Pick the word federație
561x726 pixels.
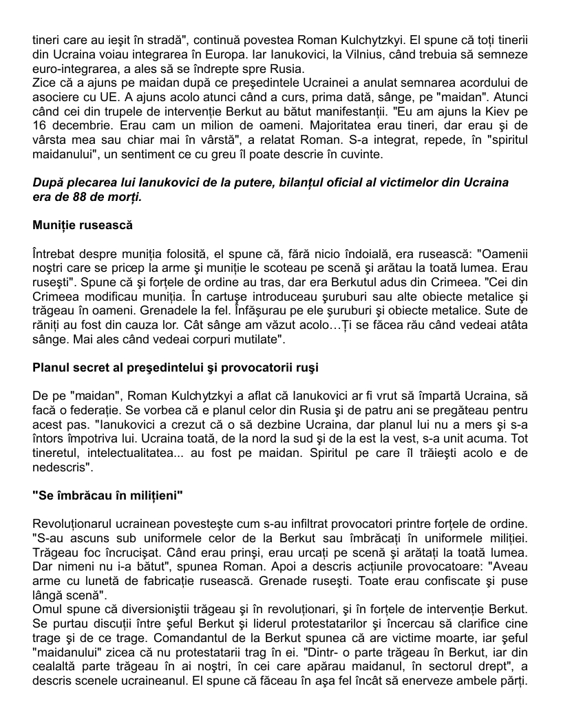click(x=100, y=410)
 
